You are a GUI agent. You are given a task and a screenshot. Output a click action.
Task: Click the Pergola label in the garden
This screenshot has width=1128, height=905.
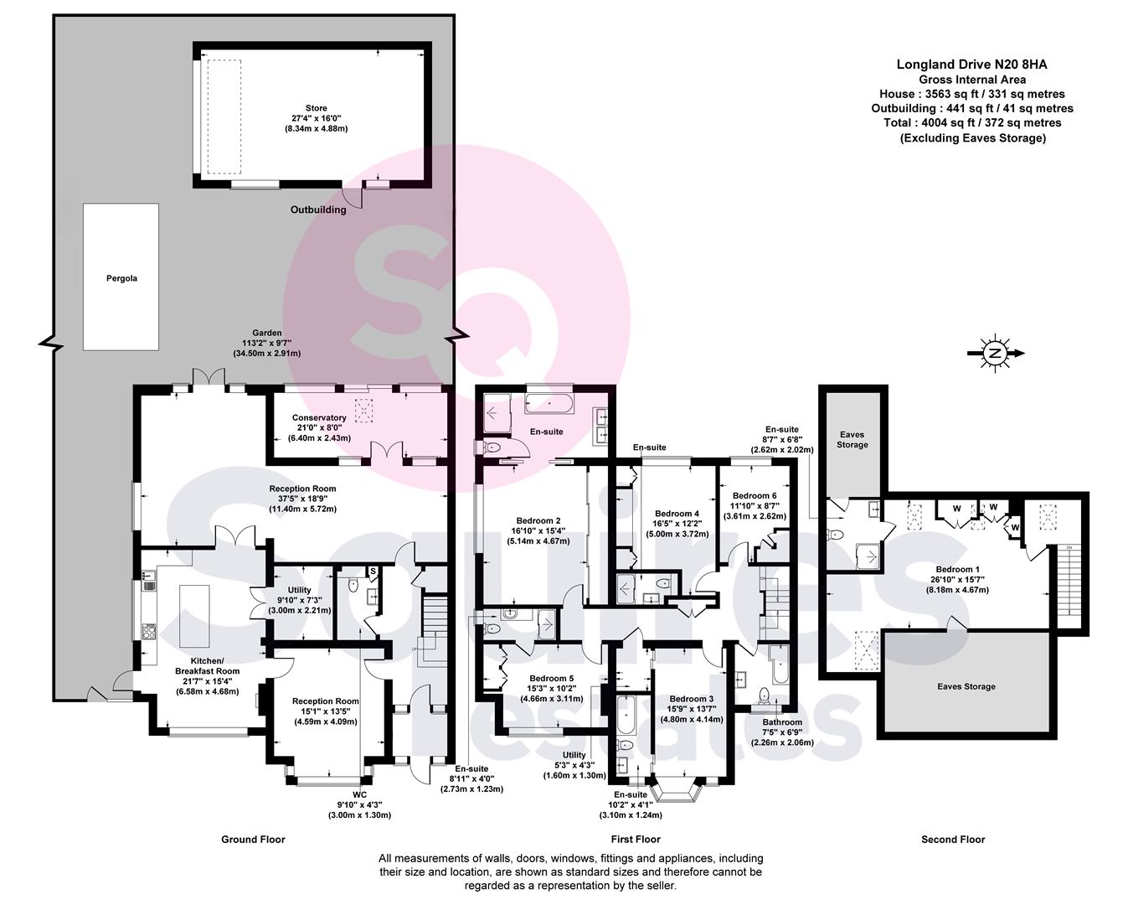(121, 278)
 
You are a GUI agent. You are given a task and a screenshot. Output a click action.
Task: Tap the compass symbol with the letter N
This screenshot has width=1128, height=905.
(995, 353)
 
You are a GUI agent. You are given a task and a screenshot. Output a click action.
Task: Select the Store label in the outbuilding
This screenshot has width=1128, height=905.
(316, 108)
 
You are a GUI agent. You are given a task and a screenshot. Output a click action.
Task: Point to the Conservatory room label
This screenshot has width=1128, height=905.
(319, 417)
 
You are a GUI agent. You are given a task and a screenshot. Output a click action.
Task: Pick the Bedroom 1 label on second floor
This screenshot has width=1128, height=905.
(957, 569)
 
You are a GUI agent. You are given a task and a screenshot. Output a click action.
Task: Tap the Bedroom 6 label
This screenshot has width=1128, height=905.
(755, 496)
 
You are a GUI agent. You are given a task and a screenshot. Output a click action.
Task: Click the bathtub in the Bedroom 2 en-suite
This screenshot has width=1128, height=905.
(549, 403)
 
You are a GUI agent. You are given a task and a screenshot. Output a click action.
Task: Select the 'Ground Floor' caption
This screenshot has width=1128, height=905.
(253, 840)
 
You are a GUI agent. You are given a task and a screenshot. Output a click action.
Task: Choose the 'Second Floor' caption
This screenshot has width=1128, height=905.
(953, 840)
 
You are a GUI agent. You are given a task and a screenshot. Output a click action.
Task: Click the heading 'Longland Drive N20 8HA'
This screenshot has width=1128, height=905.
(971, 65)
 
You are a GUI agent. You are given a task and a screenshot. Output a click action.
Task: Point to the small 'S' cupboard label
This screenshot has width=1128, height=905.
(373, 571)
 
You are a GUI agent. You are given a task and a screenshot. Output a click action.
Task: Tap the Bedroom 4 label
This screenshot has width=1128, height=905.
(677, 514)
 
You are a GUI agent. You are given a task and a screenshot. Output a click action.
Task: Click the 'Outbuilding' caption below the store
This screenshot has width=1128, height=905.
(318, 209)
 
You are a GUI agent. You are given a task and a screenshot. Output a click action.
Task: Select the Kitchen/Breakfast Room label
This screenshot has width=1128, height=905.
(207, 666)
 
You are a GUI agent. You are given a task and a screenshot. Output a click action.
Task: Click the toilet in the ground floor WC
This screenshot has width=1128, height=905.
(353, 585)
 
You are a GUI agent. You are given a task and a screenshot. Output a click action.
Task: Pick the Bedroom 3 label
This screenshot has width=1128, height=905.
(692, 699)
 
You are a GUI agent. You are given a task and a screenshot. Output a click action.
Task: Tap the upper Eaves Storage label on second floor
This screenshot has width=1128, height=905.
(852, 440)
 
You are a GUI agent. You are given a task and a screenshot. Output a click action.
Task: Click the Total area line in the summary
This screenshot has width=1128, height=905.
(972, 123)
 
